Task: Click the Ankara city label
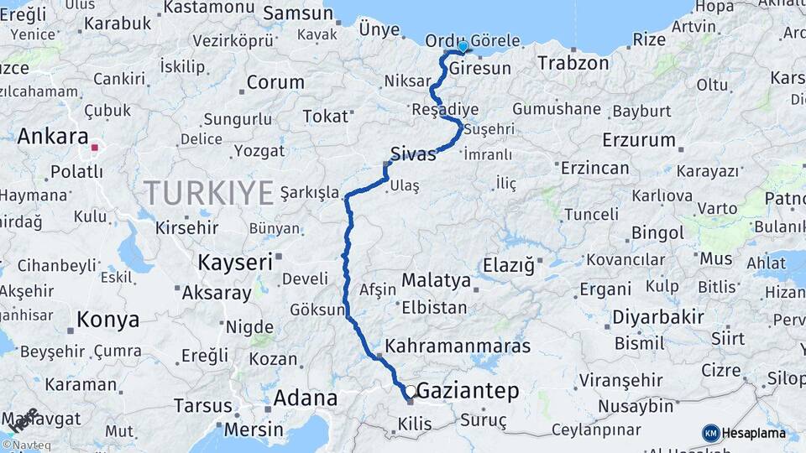point(52,136)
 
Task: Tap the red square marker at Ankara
point(95,148)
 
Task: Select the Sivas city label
point(413,154)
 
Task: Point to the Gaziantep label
point(468,390)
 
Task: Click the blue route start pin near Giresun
point(462,45)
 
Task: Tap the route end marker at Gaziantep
point(411,392)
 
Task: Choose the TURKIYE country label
point(209,193)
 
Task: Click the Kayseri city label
point(235,262)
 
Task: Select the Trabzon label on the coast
point(573,63)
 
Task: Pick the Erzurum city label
point(638,139)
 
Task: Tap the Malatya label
point(436,279)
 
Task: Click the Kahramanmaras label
point(458,346)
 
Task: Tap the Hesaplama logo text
point(754,433)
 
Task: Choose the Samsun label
point(298,13)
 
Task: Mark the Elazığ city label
point(508,266)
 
